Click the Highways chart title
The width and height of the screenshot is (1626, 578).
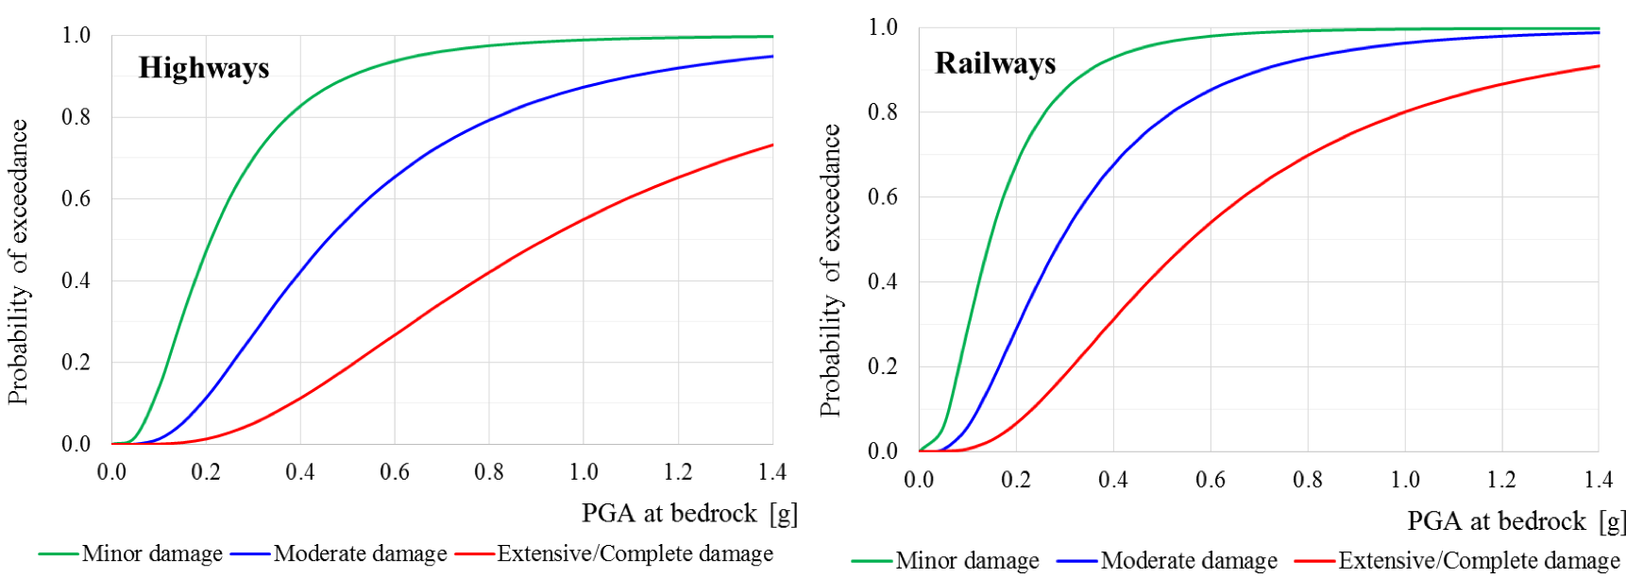click(x=204, y=68)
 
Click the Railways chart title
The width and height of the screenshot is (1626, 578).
click(x=995, y=63)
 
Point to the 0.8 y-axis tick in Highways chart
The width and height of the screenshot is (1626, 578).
click(x=76, y=117)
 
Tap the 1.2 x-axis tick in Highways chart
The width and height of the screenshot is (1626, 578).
click(x=678, y=471)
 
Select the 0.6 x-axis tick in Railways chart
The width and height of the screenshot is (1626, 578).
click(x=1211, y=480)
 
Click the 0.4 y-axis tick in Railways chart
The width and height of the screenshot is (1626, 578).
click(x=883, y=281)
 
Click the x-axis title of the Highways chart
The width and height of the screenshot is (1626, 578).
click(x=689, y=514)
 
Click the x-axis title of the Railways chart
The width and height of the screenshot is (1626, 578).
click(x=1516, y=521)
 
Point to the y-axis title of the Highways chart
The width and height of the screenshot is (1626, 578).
click(x=18, y=262)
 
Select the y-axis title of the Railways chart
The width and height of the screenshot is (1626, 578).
click(x=830, y=270)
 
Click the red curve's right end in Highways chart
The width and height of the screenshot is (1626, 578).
click(x=772, y=145)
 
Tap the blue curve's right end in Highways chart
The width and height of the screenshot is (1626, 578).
click(x=772, y=57)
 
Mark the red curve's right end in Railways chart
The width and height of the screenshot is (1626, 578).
click(x=1599, y=66)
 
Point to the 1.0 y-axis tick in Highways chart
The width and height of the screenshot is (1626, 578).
click(x=76, y=36)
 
